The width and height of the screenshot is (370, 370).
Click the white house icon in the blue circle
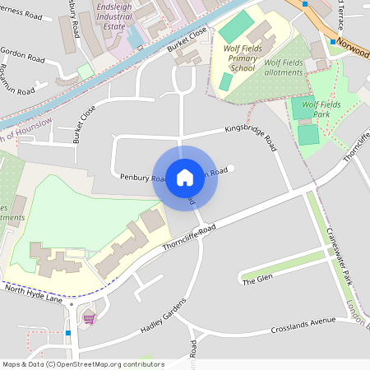click(185, 177)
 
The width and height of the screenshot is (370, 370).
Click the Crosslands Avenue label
click(304, 326)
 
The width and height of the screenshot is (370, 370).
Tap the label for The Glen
click(257, 281)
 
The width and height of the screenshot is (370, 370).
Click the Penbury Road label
click(137, 178)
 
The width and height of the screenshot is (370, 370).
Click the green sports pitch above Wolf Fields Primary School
click(236, 25)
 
